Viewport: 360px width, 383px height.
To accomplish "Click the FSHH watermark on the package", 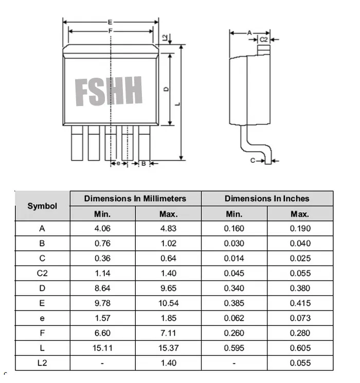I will click(x=109, y=92).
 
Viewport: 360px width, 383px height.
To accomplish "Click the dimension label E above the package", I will click(x=110, y=22).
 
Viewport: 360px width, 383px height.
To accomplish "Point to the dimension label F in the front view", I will click(x=110, y=31).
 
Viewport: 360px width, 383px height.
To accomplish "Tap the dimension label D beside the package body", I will click(x=166, y=89).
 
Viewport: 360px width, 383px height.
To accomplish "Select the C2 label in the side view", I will click(x=263, y=39).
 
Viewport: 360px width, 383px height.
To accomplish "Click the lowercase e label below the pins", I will click(x=118, y=163).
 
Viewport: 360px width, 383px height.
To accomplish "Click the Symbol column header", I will click(x=42, y=206).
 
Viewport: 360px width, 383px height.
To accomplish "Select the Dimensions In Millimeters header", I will click(x=135, y=198).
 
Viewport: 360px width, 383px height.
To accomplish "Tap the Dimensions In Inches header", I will click(x=267, y=198).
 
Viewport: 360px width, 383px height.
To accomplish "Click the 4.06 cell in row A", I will click(x=102, y=229).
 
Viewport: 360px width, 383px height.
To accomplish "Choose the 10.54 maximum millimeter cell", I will click(x=168, y=303).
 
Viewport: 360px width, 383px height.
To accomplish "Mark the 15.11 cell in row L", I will click(x=102, y=348).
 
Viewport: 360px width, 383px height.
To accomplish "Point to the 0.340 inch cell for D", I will click(x=234, y=288).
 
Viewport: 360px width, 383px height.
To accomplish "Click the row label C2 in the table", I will click(x=42, y=273).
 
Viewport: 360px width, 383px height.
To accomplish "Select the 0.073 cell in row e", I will click(x=300, y=318).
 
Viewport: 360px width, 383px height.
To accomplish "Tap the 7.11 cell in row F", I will click(x=168, y=333).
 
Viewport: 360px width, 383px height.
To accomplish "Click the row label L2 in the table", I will click(x=42, y=363).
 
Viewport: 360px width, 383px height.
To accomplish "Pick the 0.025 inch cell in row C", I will click(x=300, y=258).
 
